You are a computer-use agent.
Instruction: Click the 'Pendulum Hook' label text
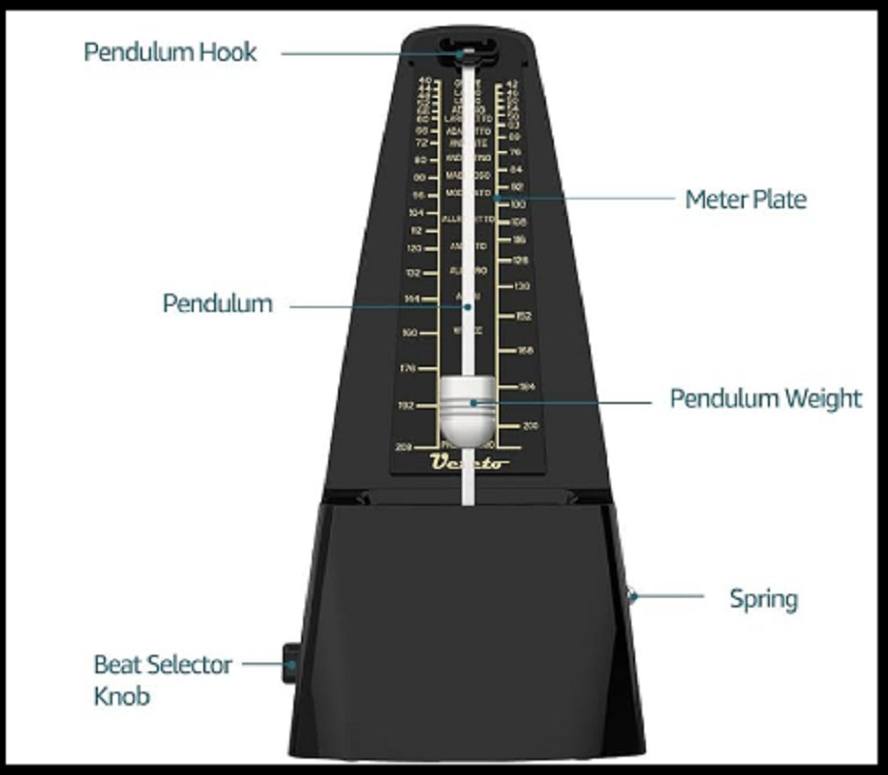(x=170, y=51)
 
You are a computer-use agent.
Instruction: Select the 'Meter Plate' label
(x=745, y=200)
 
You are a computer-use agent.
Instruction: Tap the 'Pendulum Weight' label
(x=765, y=398)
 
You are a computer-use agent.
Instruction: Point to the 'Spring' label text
(x=763, y=598)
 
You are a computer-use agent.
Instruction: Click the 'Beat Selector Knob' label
(x=163, y=679)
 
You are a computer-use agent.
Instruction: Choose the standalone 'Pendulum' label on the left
(x=217, y=303)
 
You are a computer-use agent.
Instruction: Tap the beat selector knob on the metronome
(x=290, y=665)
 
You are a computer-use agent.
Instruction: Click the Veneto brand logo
(x=470, y=462)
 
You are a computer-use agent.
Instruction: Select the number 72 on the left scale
(x=420, y=142)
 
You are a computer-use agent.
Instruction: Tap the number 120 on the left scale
(x=414, y=248)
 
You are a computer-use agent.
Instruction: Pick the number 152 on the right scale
(x=523, y=316)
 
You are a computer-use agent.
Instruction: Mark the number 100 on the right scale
(x=517, y=204)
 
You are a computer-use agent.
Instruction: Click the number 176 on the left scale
(x=407, y=368)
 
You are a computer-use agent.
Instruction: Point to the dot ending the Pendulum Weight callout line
(x=474, y=401)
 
